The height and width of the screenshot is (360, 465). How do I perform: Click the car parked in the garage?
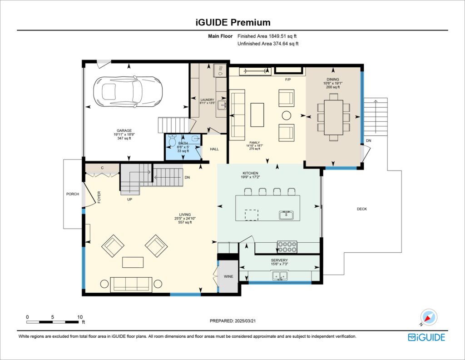pos(128,91)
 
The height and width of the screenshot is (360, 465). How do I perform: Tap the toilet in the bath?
pos(172,141)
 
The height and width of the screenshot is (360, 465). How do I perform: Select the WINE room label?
pos(228,276)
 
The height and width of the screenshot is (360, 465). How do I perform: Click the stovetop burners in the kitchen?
pos(287,247)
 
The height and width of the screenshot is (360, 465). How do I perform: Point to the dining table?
pos(334,117)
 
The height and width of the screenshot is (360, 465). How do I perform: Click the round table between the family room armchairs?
pos(286,115)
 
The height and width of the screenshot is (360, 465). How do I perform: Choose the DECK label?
pos(361,209)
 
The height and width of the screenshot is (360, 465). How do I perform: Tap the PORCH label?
pos(72,194)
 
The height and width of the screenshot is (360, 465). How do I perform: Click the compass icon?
pos(428,317)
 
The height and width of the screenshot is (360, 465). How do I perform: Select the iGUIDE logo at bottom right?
pos(426,337)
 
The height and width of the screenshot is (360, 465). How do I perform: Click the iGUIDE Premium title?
pos(232,22)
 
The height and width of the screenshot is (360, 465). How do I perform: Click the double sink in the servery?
pos(279,275)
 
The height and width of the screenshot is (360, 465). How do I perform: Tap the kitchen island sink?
pos(286,215)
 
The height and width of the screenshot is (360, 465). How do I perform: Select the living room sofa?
pos(131,284)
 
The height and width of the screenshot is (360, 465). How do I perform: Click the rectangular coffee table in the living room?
pos(131,263)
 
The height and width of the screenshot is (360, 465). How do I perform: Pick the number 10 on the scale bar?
pos(80,317)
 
